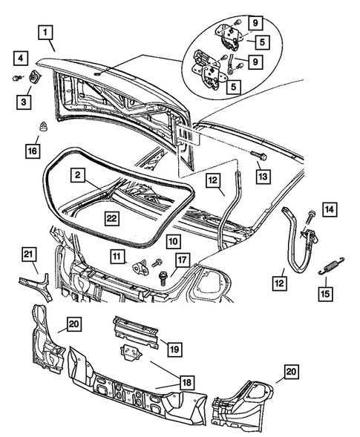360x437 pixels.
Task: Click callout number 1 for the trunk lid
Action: (x=46, y=32)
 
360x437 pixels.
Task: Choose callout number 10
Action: (x=171, y=241)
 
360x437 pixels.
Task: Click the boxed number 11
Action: (x=119, y=256)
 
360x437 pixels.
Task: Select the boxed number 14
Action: (x=330, y=210)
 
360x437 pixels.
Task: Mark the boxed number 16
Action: (x=31, y=151)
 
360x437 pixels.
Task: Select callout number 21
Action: (x=28, y=256)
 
